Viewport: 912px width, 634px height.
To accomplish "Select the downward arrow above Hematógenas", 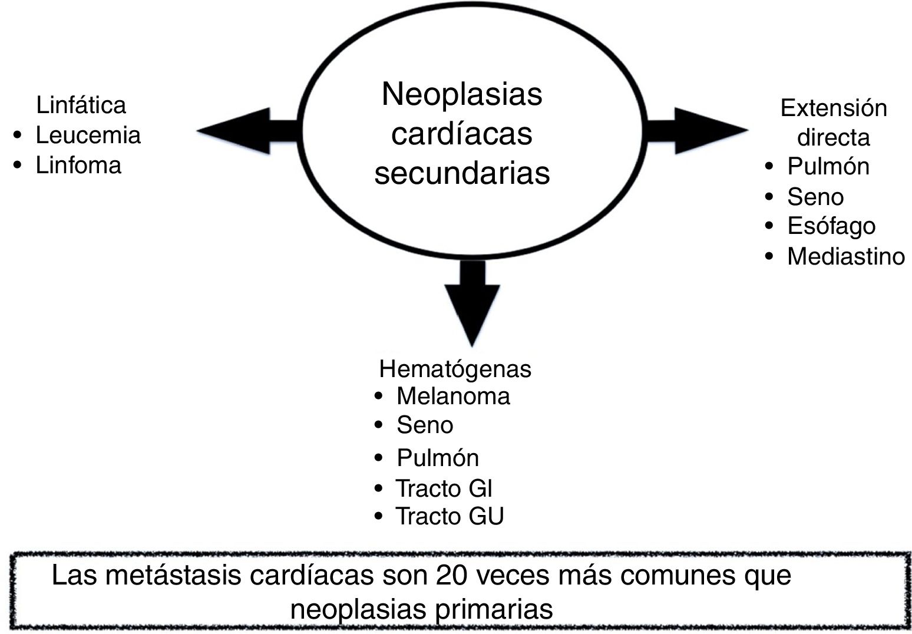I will tap(472, 301).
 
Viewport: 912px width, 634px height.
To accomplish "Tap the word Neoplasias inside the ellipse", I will tap(462, 94).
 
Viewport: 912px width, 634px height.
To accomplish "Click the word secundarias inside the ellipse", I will tap(462, 173).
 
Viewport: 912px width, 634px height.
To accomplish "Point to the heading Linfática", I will tap(81, 105).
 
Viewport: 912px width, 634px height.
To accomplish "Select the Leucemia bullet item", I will tap(88, 136).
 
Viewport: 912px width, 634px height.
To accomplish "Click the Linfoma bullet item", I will tap(78, 165).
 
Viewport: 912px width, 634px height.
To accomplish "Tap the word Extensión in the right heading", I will tap(833, 108).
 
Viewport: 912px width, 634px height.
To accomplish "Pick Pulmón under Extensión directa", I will tap(828, 167).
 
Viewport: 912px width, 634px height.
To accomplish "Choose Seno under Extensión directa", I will tap(815, 197).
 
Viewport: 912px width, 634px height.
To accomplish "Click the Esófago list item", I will tap(831, 226).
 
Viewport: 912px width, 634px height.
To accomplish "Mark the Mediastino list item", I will tap(845, 256).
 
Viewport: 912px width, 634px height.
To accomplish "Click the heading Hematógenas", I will tap(455, 369).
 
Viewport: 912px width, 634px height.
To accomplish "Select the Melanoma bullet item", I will tap(452, 396).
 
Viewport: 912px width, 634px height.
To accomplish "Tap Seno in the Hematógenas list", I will tap(424, 425).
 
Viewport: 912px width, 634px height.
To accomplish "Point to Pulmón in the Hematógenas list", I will tap(437, 458).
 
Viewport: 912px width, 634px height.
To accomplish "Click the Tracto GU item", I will tap(449, 516).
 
